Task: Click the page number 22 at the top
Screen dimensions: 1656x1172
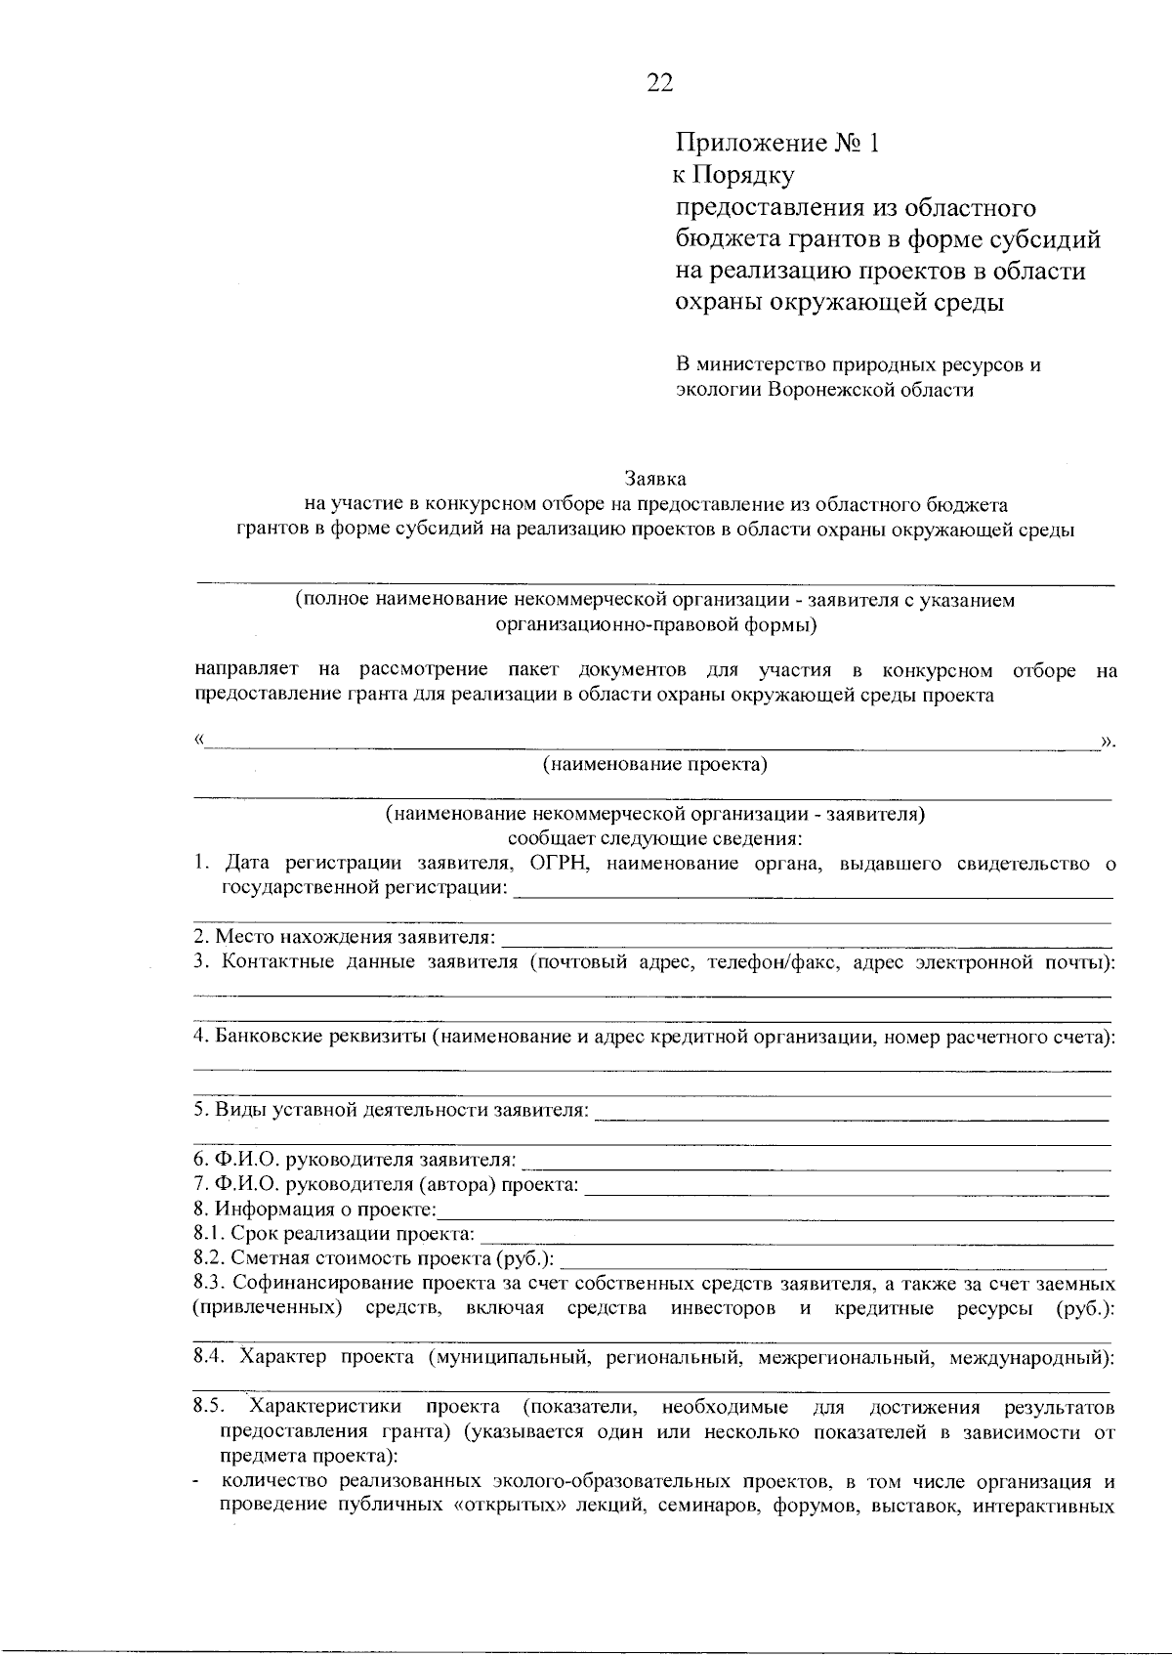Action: coord(660,83)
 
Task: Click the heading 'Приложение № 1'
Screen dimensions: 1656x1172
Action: coord(778,144)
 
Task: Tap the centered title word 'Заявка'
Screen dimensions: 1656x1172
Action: coord(655,479)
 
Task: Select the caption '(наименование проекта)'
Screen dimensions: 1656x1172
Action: coord(655,764)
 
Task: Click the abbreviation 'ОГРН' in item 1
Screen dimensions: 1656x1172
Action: coord(554,863)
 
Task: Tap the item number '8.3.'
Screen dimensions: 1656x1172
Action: coord(209,1283)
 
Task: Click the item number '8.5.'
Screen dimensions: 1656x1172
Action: coord(209,1407)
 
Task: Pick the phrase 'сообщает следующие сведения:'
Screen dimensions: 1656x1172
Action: coord(655,838)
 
